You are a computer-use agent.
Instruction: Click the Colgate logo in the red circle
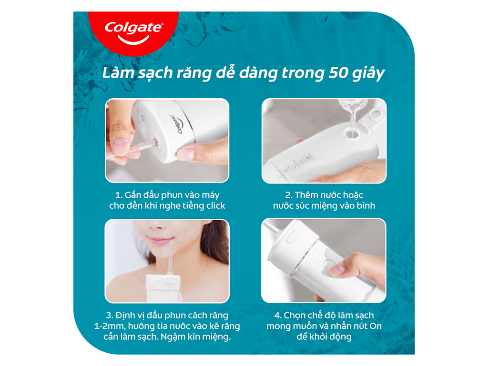(133, 32)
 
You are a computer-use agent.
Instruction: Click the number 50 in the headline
(338, 73)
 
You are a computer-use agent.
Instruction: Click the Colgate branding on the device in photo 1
(175, 124)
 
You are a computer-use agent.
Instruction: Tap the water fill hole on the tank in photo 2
(352, 134)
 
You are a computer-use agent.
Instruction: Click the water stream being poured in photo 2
(353, 120)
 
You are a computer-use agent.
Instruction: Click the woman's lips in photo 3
(160, 241)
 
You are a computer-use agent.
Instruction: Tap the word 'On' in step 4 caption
(376, 326)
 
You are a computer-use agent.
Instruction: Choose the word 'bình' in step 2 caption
(366, 206)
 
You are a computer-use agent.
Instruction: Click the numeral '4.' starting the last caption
(278, 315)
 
